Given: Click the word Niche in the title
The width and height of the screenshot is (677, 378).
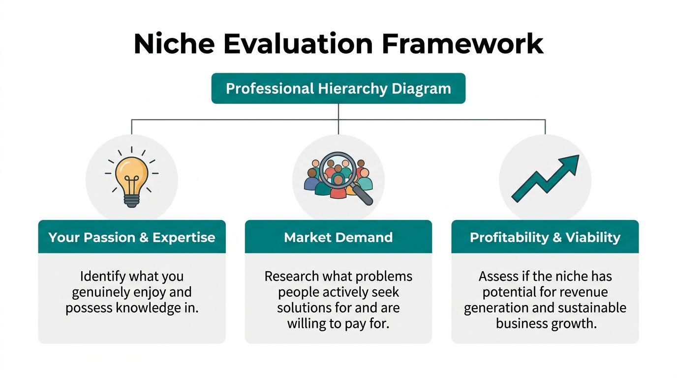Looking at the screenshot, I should tap(174, 44).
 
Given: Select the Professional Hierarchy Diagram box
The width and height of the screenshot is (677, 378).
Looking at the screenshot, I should tap(338, 89).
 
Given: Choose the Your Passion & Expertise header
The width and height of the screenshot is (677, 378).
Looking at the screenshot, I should tap(132, 237).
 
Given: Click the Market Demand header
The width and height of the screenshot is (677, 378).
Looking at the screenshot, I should tap(338, 237).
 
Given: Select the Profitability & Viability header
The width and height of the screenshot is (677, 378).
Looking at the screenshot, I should tap(545, 237).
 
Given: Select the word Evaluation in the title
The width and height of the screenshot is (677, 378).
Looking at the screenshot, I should tap(298, 44).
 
